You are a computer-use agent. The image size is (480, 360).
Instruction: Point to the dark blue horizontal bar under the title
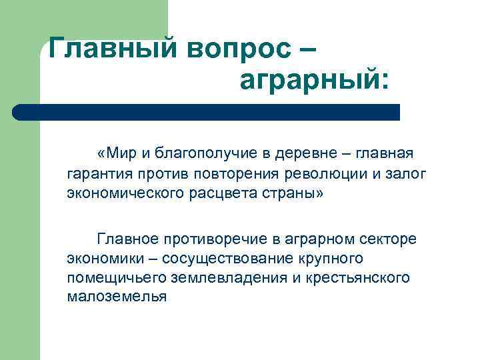click(207, 112)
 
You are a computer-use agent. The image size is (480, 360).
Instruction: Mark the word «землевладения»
click(229, 277)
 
